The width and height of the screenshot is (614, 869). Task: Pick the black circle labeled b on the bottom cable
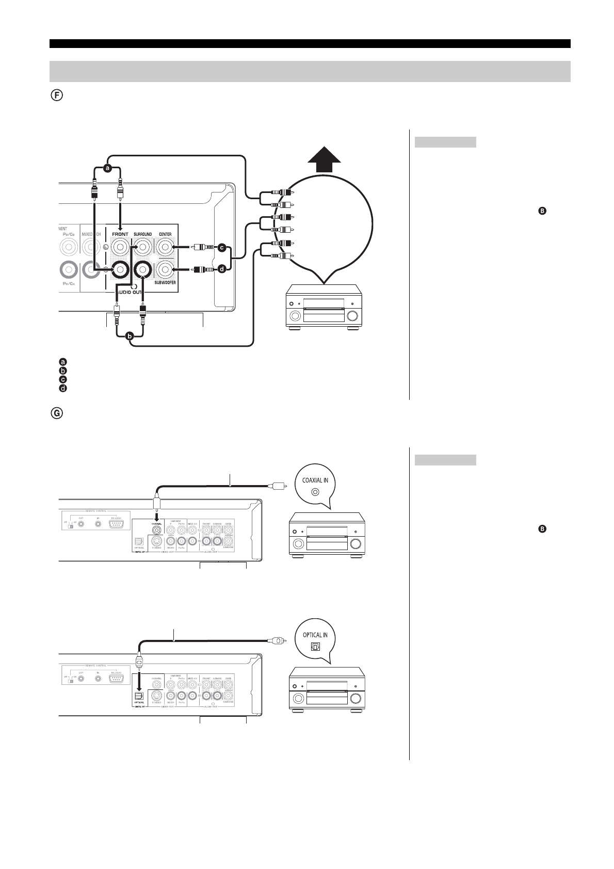pyautogui.click(x=130, y=336)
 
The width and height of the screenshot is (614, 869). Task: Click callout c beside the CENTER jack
pyautogui.click(x=222, y=248)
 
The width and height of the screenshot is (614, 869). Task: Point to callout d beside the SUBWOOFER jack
pyautogui.click(x=222, y=269)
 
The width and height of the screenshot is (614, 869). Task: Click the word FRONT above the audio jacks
pyautogui.click(x=120, y=234)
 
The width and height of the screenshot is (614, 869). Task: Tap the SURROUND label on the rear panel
pyautogui.click(x=142, y=234)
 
